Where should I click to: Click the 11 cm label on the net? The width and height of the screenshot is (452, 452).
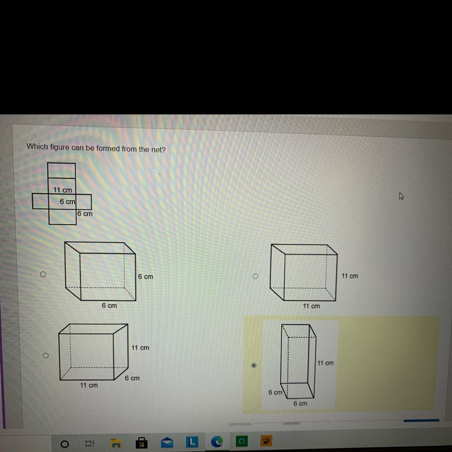coord(63,190)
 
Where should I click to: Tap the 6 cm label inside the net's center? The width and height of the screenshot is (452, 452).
coord(67,202)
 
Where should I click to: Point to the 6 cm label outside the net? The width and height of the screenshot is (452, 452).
coord(85,214)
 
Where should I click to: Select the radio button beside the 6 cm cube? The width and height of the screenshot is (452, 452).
coord(43,274)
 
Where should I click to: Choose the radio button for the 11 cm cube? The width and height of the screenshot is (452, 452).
coord(255,276)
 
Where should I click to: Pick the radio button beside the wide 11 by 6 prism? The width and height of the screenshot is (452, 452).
coord(46,356)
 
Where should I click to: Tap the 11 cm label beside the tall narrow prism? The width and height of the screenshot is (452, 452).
coord(325,363)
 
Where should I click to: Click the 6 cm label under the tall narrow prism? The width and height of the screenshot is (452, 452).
coord(300,403)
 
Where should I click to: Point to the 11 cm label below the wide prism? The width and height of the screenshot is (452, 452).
coord(89,385)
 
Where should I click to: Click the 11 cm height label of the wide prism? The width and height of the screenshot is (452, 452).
coord(140,348)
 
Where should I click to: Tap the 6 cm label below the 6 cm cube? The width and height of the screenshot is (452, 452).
coord(109,305)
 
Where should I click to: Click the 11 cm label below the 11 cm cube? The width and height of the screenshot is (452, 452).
coord(311,306)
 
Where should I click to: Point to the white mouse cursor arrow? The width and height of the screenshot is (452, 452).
coord(401,196)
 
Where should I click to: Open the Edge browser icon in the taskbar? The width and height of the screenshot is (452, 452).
coord(217,442)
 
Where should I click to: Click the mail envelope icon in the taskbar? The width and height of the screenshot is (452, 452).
coord(167,443)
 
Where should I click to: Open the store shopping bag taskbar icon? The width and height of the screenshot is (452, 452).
coord(142,443)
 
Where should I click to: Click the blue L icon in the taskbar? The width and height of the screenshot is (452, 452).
coord(192,442)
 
